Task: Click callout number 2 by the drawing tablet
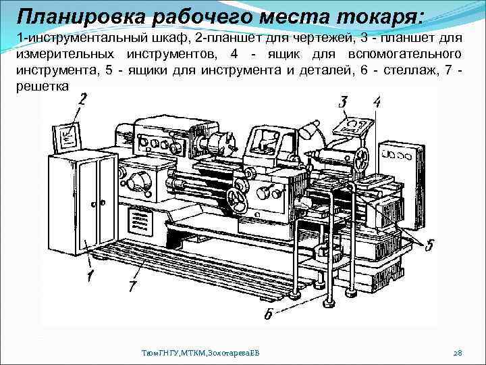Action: pos(82,99)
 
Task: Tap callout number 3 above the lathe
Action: pos(344,103)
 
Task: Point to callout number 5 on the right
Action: pos(430,243)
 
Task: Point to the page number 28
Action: pos(457,353)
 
